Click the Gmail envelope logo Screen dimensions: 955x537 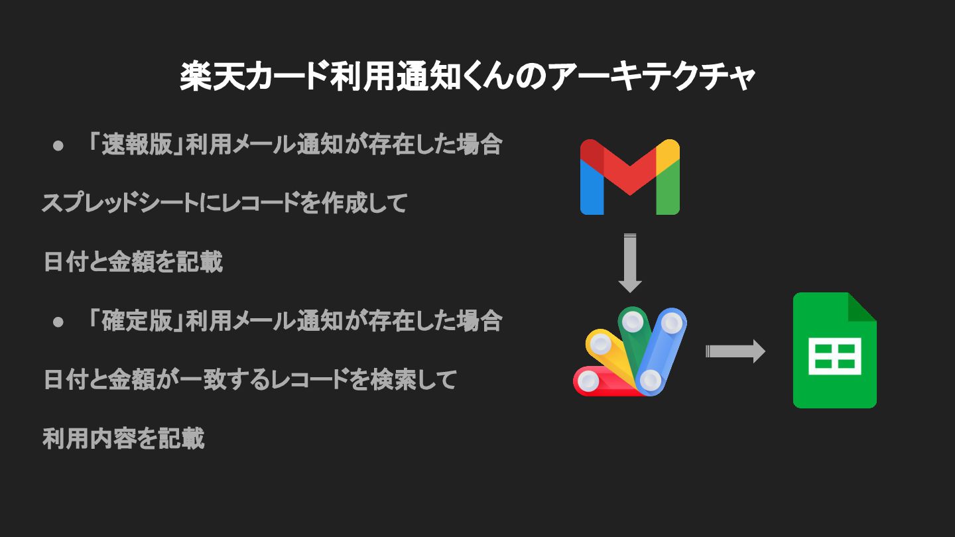click(x=629, y=176)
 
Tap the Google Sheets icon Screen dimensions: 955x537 click(x=834, y=350)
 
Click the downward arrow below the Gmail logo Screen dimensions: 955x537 click(x=629, y=263)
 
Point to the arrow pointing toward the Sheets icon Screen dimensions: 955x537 click(x=735, y=351)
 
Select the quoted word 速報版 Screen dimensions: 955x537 click(x=136, y=145)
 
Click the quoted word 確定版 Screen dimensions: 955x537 click(x=136, y=322)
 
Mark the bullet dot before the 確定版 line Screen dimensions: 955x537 click(x=58, y=322)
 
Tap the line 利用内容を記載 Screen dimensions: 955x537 click(x=124, y=439)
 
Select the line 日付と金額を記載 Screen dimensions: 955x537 click(x=133, y=263)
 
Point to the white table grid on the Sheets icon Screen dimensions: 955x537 click(x=834, y=357)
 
